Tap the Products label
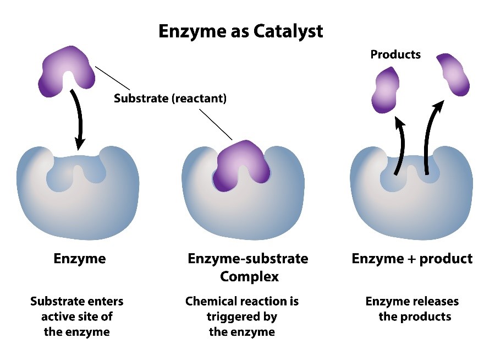click(x=395, y=54)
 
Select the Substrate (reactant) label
click(x=170, y=99)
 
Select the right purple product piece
click(x=454, y=75)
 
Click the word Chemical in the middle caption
click(x=211, y=302)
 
